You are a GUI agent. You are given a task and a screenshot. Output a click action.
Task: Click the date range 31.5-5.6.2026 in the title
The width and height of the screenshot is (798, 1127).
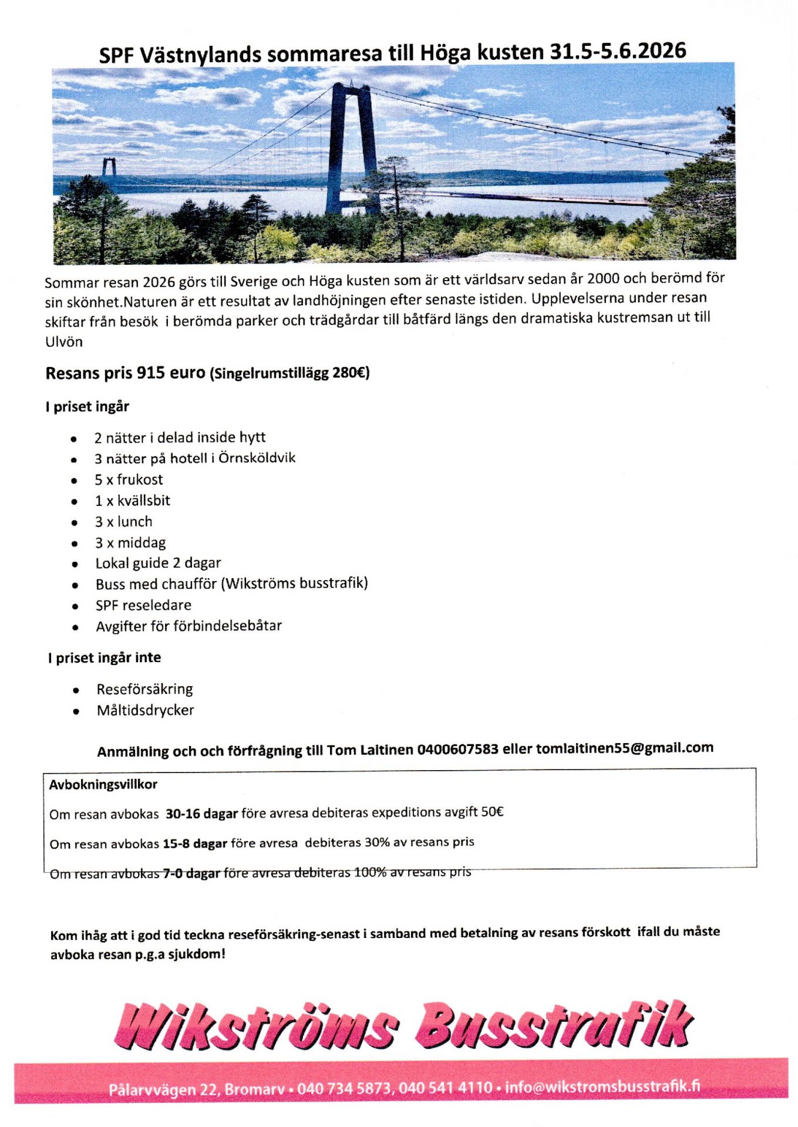tap(618, 51)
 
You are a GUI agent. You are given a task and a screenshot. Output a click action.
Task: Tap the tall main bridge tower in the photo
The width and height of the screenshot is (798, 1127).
tap(352, 147)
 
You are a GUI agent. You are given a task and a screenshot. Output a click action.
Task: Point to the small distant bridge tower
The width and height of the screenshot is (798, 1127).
tap(109, 168)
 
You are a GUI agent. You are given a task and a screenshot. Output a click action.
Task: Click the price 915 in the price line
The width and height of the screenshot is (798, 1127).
tap(150, 373)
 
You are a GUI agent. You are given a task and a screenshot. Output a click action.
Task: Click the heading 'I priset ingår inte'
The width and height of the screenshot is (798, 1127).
tap(105, 657)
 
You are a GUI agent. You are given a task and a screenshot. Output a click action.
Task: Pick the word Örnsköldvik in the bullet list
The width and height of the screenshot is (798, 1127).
tap(257, 458)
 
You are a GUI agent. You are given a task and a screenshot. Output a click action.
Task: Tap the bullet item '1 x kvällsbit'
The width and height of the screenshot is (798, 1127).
tap(132, 501)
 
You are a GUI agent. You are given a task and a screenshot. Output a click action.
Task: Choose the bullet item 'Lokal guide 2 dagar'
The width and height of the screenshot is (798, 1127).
tap(158, 563)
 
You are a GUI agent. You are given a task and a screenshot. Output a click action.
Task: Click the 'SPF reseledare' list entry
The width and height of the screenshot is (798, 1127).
tap(143, 605)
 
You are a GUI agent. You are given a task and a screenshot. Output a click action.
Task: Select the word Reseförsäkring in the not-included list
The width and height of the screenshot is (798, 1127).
tap(144, 689)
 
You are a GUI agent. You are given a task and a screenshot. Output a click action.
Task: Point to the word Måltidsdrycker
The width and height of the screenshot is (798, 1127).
tap(145, 710)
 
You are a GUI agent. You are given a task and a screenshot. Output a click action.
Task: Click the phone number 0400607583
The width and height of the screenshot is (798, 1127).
tap(457, 750)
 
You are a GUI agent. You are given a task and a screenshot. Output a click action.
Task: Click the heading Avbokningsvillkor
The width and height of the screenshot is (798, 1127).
tap(103, 784)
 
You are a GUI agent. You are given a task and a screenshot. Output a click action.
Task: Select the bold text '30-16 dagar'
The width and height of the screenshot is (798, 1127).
tap(201, 814)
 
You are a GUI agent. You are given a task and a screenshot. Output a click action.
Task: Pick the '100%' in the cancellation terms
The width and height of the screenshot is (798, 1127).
tap(370, 872)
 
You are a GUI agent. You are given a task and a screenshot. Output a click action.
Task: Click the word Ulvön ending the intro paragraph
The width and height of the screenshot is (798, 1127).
tap(64, 342)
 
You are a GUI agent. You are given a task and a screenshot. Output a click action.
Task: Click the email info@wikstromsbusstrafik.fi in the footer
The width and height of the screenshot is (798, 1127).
tap(602, 1086)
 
